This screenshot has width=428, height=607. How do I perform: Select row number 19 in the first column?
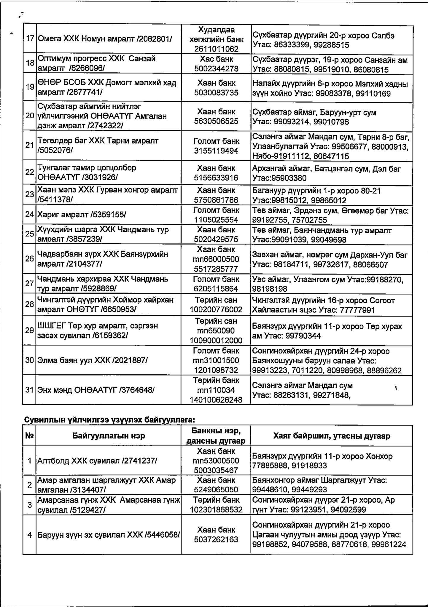pyautogui.click(x=30, y=87)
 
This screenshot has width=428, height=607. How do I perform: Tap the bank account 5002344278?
pyautogui.click(x=216, y=69)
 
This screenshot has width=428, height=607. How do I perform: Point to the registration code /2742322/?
pyautogui.click(x=105, y=126)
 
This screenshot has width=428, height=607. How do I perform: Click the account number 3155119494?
pyautogui.click(x=216, y=151)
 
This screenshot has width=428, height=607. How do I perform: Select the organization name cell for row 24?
pyautogui.click(x=108, y=214)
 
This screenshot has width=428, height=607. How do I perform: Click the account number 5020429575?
pyautogui.click(x=216, y=239)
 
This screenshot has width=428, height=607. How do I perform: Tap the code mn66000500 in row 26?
pyautogui.click(x=216, y=259)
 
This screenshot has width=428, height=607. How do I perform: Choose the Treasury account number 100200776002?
pyautogui.click(x=216, y=310)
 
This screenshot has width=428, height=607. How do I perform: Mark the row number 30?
pyautogui.click(x=30, y=360)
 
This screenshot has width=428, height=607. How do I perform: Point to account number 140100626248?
pyautogui.click(x=216, y=400)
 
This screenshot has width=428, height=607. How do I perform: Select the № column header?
pyautogui.click(x=29, y=436)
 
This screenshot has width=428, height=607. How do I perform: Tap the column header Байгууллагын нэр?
pyautogui.click(x=108, y=436)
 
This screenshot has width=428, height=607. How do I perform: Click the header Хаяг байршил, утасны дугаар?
pyautogui.click(x=332, y=436)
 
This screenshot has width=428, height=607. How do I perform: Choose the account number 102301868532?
pyautogui.click(x=216, y=509)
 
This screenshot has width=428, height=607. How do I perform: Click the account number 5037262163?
pyautogui.click(x=216, y=539)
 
